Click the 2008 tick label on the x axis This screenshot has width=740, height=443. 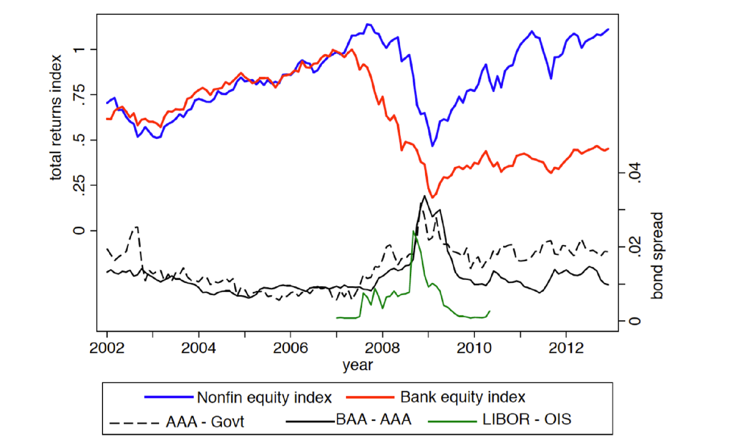(x=382, y=348)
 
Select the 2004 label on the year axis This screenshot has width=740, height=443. (x=198, y=348)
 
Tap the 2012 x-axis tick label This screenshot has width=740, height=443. (x=566, y=348)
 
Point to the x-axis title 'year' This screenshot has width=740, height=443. (x=357, y=365)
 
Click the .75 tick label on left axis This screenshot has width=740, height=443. (x=79, y=95)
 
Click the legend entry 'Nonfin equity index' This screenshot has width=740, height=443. (x=264, y=397)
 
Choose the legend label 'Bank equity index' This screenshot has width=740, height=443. (x=462, y=397)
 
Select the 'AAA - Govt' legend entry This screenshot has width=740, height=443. (x=205, y=422)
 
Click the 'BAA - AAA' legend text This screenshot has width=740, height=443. (x=373, y=419)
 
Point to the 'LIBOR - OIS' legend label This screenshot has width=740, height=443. (x=526, y=419)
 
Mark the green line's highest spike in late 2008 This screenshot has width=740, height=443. (x=413, y=231)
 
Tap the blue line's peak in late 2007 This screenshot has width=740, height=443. (x=368, y=24)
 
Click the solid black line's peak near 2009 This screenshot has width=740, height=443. (x=424, y=196)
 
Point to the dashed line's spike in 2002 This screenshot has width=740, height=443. (x=137, y=227)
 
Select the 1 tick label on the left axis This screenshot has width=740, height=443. (x=79, y=49)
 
